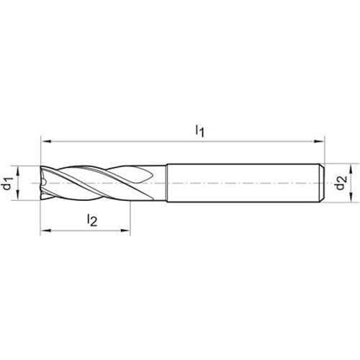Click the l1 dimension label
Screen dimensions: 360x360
(x=199, y=131)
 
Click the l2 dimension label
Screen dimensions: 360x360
(x=92, y=220)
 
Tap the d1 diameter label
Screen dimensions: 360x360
(x=6, y=183)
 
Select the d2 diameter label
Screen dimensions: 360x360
(x=341, y=183)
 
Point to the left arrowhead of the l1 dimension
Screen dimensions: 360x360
(x=46, y=142)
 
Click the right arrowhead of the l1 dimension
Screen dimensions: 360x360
(x=319, y=142)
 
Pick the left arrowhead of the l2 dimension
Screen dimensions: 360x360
(x=45, y=230)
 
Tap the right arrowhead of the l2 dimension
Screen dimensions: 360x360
(x=125, y=230)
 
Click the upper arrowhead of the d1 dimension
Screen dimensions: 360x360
(x=18, y=171)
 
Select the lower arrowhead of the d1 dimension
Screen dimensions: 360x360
(x=18, y=195)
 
